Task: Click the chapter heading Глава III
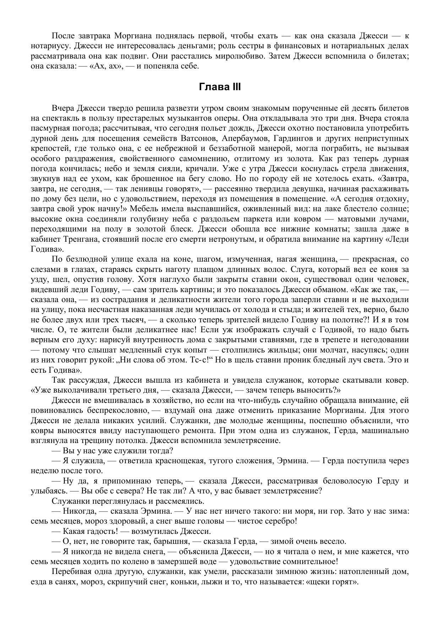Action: pos(220,87)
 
